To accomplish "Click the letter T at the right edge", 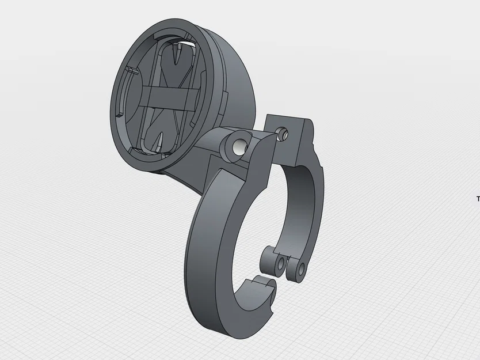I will (478, 199).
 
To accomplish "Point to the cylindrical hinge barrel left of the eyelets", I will (266, 260).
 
